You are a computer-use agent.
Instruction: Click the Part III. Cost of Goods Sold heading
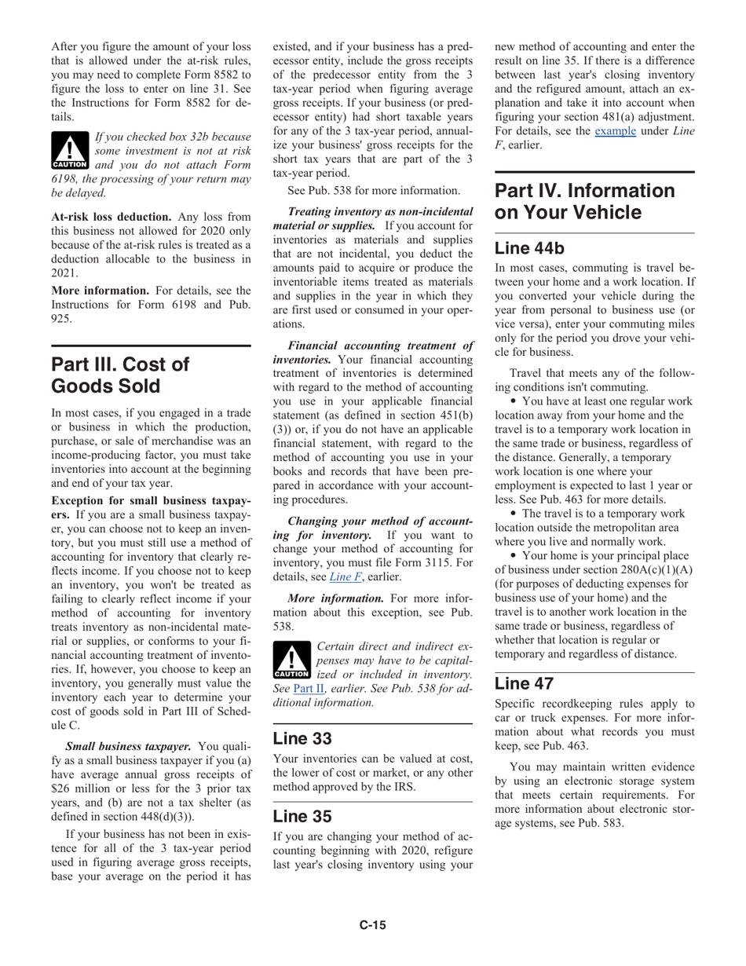(120, 375)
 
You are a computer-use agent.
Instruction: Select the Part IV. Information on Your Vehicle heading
(584, 202)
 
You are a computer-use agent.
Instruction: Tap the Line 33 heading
(302, 738)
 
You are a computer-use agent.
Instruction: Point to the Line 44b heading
(529, 248)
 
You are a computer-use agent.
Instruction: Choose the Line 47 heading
(524, 683)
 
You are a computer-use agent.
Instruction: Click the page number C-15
(373, 925)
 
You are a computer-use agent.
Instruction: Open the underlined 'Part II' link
(308, 689)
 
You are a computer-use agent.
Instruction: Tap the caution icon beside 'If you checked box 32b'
(70, 151)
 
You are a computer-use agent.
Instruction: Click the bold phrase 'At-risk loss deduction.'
(112, 217)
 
